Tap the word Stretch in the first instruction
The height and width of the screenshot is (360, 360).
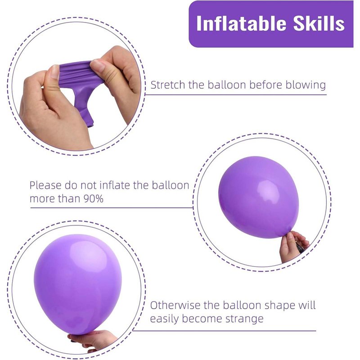click(168, 85)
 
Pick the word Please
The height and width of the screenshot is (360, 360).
click(45, 185)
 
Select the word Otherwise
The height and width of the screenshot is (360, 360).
click(175, 306)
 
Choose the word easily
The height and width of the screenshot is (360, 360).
click(164, 319)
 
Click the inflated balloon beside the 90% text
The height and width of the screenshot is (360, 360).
click(259, 197)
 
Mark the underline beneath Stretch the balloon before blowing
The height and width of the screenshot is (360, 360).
click(236, 94)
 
